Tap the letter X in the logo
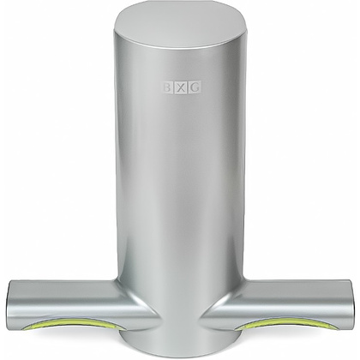point(180,87)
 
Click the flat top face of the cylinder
point(180,25)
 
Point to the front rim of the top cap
point(180,47)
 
